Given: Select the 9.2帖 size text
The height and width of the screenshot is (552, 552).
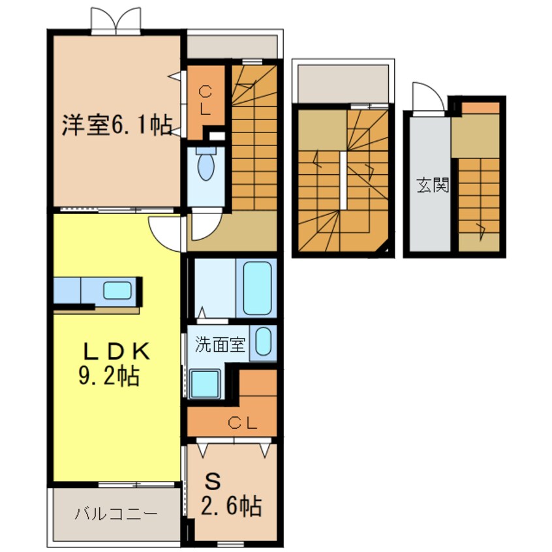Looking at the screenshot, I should click(110, 376).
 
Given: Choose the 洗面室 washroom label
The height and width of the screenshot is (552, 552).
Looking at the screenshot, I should click(222, 345).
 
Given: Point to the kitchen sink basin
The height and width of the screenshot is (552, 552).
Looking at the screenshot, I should click(117, 290).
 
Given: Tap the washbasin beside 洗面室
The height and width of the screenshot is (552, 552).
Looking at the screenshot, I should click(264, 342).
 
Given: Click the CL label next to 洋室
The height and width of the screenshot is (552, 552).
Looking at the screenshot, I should click(205, 100).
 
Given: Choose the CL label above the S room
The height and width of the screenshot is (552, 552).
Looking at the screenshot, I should click(243, 423).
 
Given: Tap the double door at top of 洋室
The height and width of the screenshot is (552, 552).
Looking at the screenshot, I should click(116, 22).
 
